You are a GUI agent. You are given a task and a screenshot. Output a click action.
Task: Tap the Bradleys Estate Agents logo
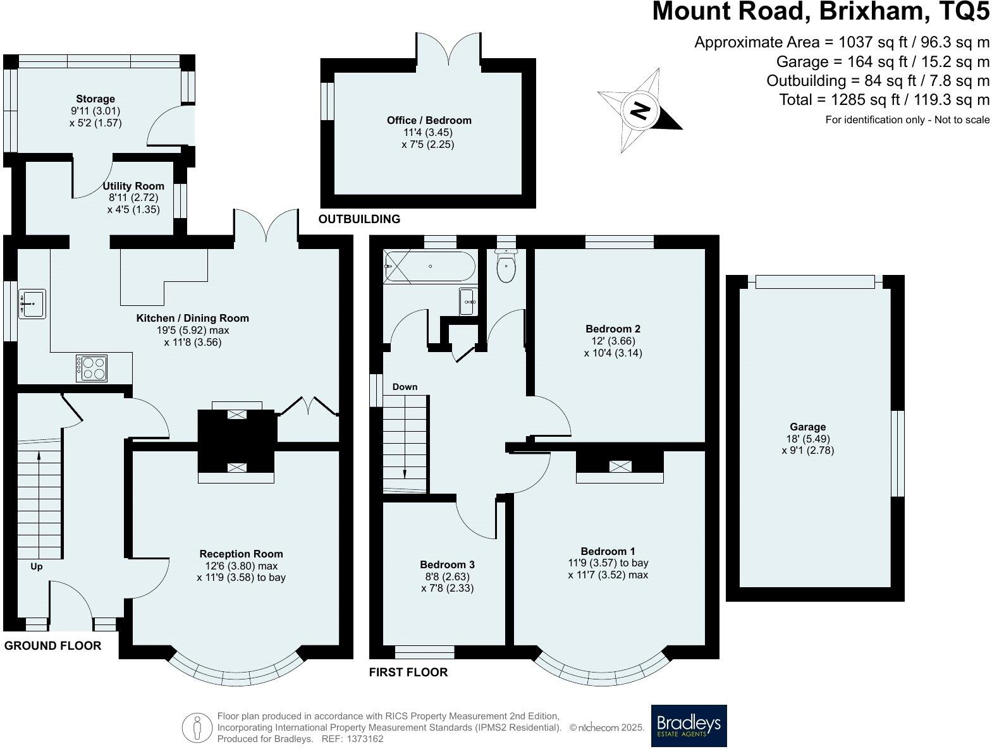689,726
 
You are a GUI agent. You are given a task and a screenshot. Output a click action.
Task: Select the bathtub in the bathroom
430,266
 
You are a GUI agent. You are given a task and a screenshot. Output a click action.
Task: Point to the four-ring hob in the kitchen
92,368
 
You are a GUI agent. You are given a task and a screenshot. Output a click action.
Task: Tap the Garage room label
807,427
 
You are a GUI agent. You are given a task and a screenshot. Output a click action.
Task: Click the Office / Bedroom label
429,120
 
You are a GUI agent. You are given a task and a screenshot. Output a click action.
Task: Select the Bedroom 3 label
447,564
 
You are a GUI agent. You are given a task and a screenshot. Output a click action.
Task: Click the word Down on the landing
405,387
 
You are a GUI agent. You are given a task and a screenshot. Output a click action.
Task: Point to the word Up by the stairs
37,566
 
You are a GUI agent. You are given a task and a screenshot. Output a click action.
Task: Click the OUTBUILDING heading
359,219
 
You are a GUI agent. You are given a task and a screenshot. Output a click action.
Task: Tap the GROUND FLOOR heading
52,645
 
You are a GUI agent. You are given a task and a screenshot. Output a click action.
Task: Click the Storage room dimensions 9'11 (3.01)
95,111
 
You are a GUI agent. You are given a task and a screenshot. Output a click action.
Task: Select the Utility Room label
133,186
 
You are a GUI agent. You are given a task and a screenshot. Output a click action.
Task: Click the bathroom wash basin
468,301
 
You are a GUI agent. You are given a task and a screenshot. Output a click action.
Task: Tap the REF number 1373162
362,738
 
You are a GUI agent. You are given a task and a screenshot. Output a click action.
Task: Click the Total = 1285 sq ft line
884,99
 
